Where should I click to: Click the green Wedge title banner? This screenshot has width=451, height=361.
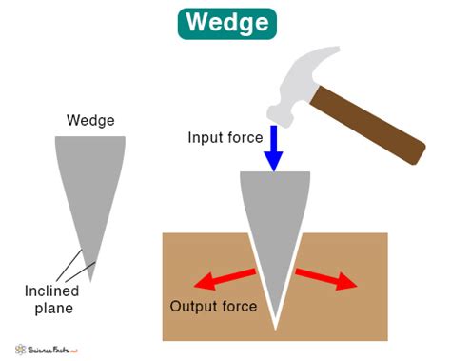(x=225, y=22)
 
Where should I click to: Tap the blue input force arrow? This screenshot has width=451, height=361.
(x=274, y=150)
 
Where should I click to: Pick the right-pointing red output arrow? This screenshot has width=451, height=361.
(x=326, y=277)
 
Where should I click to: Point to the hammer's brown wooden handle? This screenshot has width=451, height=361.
(x=370, y=123)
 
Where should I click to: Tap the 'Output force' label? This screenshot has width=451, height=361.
(x=213, y=307)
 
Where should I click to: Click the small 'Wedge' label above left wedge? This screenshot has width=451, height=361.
(x=90, y=120)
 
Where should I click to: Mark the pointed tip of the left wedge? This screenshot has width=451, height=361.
(x=91, y=279)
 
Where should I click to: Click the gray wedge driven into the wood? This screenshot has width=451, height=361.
(x=274, y=229)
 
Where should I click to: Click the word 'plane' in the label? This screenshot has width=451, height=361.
(x=62, y=309)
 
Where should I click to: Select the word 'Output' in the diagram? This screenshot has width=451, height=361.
(x=192, y=307)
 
